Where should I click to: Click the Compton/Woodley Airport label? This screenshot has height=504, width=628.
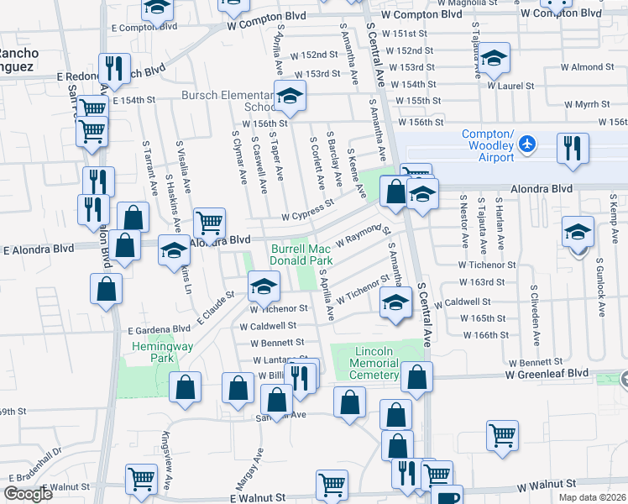point(488,146)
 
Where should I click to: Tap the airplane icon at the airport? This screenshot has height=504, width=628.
point(528,144)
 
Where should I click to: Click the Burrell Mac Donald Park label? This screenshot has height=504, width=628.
point(302,255)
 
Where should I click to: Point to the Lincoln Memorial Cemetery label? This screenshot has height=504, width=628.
point(374,362)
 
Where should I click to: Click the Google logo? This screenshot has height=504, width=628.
point(29,494)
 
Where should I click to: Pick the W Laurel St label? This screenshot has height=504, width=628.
point(511,86)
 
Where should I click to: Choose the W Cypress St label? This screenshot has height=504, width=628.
point(307,213)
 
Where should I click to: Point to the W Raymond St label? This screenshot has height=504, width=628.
point(364,235)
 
